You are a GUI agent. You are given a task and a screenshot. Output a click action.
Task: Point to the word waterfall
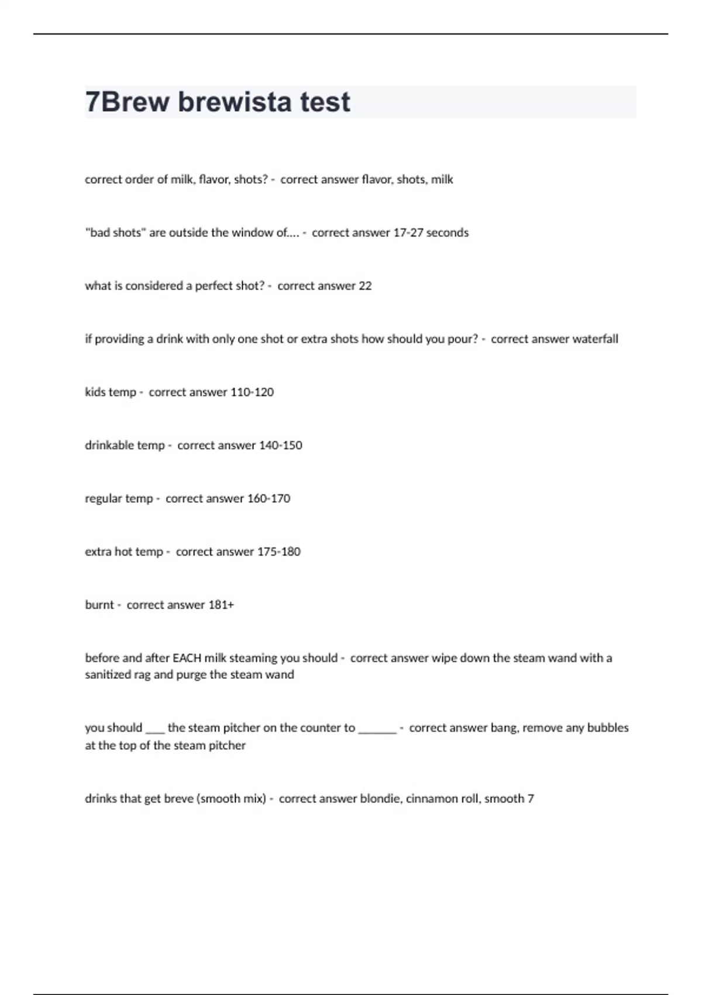595,339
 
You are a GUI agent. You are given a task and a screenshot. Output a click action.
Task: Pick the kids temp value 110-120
252,392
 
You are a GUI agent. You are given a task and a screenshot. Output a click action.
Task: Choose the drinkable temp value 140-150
280,445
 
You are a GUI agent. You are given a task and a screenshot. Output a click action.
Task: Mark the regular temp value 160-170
269,499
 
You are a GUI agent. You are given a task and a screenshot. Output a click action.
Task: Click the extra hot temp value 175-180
278,551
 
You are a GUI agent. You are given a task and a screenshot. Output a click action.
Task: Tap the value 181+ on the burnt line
221,605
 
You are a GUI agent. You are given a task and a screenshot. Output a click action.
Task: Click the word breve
178,799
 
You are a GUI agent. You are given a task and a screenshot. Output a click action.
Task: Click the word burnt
99,605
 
